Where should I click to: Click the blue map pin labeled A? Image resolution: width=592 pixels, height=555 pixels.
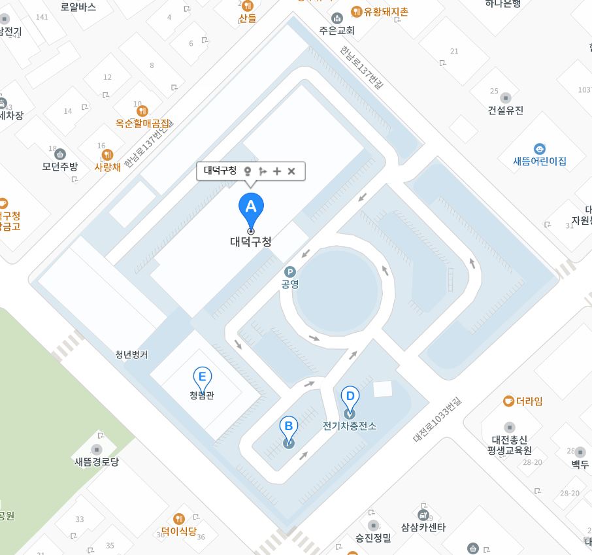250,207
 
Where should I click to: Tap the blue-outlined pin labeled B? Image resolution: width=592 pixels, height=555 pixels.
288,428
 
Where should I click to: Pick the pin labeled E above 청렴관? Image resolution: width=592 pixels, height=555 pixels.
203,377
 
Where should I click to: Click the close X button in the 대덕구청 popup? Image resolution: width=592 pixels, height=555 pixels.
292,171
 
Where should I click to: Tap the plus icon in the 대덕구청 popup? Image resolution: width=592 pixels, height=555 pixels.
277,171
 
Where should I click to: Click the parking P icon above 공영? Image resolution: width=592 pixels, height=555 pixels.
289,272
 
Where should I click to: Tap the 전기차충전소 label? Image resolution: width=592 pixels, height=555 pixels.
350,426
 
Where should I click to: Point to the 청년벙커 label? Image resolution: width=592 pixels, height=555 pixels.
131,355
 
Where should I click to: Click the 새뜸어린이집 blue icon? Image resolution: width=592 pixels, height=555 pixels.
540,149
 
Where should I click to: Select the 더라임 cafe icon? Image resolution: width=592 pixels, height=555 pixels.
508,401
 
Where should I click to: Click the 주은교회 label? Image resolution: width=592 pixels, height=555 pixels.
337,30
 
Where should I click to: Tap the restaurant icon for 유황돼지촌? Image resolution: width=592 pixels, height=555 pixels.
357,11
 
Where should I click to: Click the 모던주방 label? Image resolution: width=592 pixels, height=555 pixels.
60,166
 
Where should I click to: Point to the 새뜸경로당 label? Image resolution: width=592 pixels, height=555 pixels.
97,462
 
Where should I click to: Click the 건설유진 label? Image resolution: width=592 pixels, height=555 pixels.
506,110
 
